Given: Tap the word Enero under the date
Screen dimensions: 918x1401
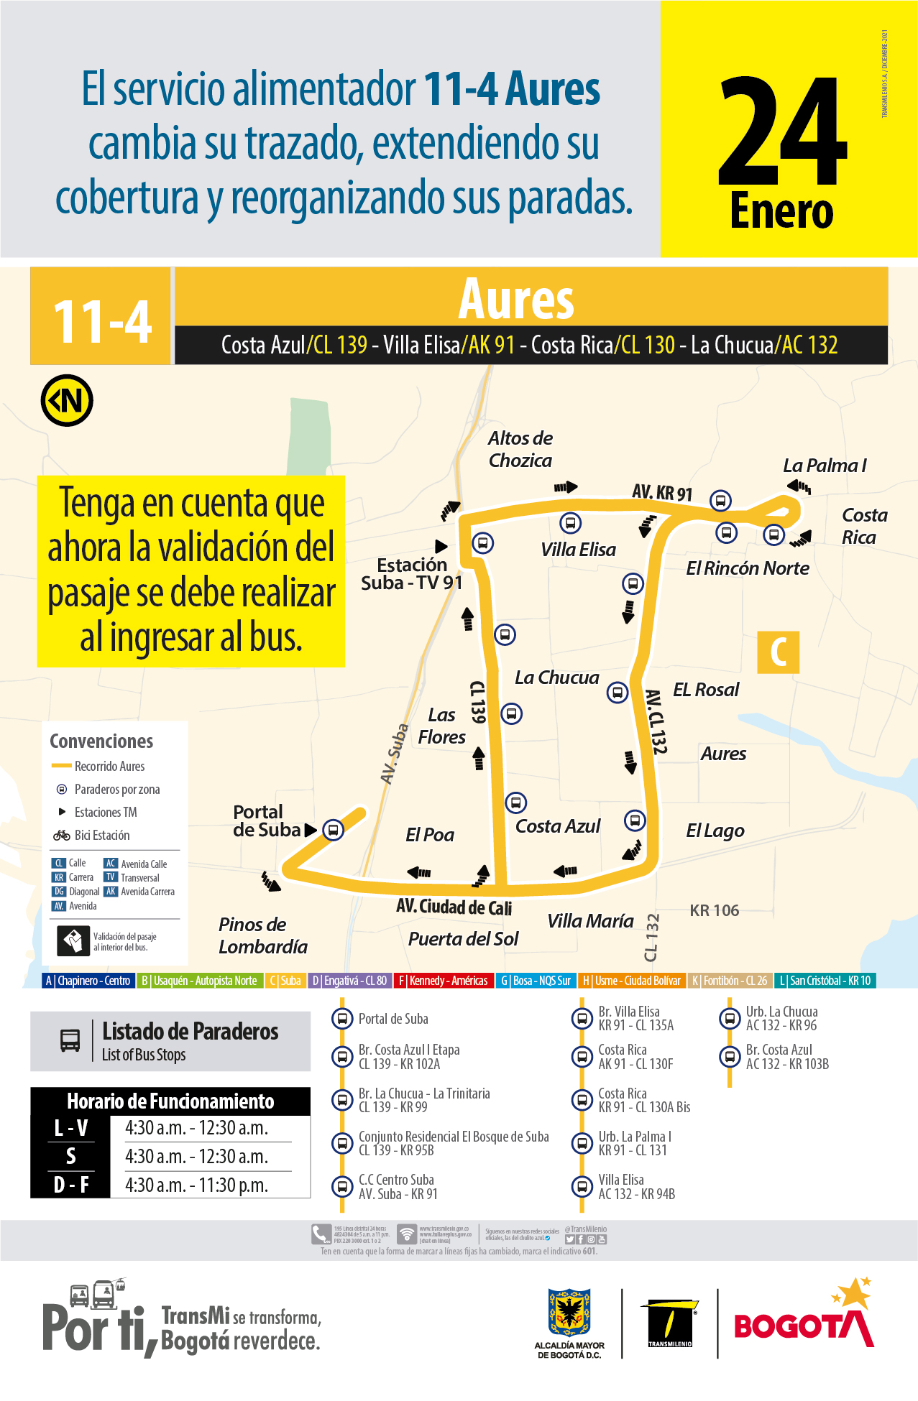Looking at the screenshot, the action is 781,211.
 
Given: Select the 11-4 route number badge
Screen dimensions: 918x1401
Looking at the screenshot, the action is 101,320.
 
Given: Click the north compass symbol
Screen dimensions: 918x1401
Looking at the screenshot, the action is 67,400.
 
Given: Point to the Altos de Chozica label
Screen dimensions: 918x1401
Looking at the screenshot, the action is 520,449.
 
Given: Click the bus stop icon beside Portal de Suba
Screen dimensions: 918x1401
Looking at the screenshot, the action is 333,830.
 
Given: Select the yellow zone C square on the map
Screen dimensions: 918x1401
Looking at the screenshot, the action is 778,652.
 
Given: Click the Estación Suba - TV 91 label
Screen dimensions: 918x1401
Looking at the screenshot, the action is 411,574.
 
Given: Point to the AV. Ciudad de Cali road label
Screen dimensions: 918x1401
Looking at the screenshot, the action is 454,907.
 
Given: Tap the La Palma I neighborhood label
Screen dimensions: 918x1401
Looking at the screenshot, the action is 824,466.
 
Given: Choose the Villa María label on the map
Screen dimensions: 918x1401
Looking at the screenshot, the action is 590,921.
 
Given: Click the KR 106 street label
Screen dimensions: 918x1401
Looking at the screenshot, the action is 714,910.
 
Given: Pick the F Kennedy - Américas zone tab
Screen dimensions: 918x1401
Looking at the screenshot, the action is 444,981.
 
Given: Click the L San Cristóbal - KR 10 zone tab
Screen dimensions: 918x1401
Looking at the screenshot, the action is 825,981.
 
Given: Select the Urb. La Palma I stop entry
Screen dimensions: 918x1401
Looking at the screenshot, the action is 634,1143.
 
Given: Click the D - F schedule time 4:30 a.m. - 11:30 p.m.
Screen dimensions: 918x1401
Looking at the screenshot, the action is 196,1185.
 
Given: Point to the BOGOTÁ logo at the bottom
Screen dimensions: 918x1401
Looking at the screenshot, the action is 803,1321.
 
